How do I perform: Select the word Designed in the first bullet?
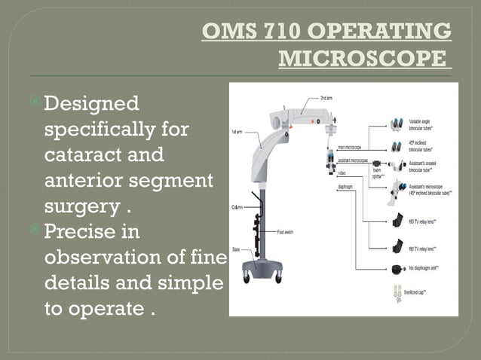click(91, 103)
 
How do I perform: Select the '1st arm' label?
click(236, 131)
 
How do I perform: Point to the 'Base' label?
click(236, 249)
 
